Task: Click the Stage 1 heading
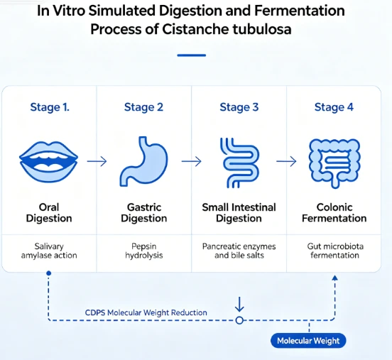pyautogui.click(x=50, y=107)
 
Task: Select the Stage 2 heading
pyautogui.click(x=143, y=107)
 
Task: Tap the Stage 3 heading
pyautogui.click(x=239, y=107)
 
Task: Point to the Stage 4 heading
pyautogui.click(x=334, y=107)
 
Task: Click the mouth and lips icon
pyautogui.click(x=49, y=162)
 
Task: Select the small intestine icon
pyautogui.click(x=239, y=163)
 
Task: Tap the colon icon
pyautogui.click(x=334, y=163)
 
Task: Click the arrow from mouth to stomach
pyautogui.click(x=97, y=161)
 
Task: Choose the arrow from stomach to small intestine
pyautogui.click(x=192, y=161)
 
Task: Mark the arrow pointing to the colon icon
pyautogui.click(x=286, y=161)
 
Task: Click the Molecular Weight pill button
pyautogui.click(x=308, y=341)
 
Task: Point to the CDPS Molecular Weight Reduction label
pyautogui.click(x=146, y=312)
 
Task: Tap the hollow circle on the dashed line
pyautogui.click(x=239, y=320)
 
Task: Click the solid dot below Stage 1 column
pyautogui.click(x=49, y=273)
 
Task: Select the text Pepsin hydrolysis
pyautogui.click(x=144, y=251)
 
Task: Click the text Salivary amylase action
pyautogui.click(x=49, y=251)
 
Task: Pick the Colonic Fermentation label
pyautogui.click(x=334, y=213)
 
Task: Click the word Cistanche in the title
pyautogui.click(x=196, y=29)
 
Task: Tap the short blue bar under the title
pyautogui.click(x=192, y=55)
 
